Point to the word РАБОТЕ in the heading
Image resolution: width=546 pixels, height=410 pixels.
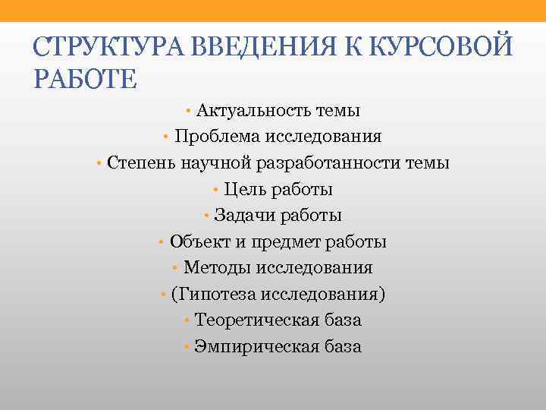tap(84, 79)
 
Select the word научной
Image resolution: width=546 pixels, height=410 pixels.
tap(209, 163)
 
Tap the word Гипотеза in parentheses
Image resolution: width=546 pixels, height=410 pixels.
tap(218, 294)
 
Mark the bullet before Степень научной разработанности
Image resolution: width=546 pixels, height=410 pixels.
tap(99, 164)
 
